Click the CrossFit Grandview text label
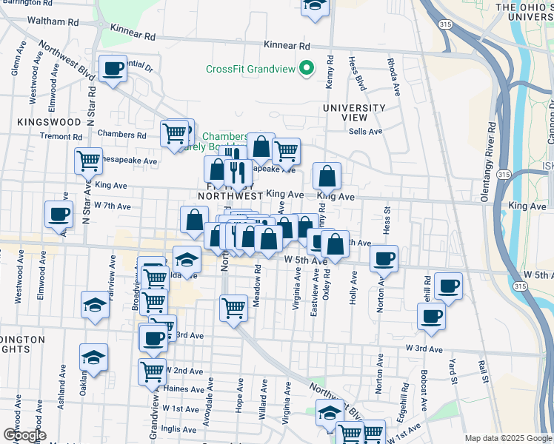coord(250,70)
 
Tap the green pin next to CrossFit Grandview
coord(305,70)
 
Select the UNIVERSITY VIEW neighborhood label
coord(354,112)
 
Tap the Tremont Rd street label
coord(61,136)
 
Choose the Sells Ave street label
coord(365,132)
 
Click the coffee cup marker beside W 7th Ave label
coord(59,215)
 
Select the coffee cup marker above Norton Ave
coord(384,258)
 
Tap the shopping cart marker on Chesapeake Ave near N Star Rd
coord(88,160)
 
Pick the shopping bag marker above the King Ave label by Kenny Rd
coord(327,176)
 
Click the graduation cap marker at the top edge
coord(314,6)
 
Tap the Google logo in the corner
coord(24,435)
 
